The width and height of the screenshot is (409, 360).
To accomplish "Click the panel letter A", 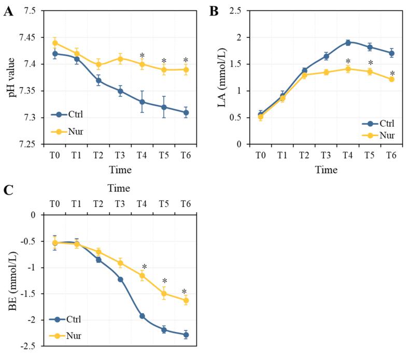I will pyautogui.click(x=9, y=11).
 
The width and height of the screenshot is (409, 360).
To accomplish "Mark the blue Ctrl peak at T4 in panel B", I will pyautogui.click(x=348, y=43).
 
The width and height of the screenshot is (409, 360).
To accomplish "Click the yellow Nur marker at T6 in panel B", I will pyautogui.click(x=392, y=79).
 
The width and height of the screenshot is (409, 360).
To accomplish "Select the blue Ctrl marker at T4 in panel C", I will pyautogui.click(x=142, y=316).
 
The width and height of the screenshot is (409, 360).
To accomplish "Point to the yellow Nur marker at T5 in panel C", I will pyautogui.click(x=164, y=294).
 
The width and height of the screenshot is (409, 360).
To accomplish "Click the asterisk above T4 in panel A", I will pyautogui.click(x=142, y=56).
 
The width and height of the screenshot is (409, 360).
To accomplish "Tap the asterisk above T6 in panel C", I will pyautogui.click(x=185, y=292).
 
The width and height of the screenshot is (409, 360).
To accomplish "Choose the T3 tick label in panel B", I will pyautogui.click(x=326, y=155).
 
